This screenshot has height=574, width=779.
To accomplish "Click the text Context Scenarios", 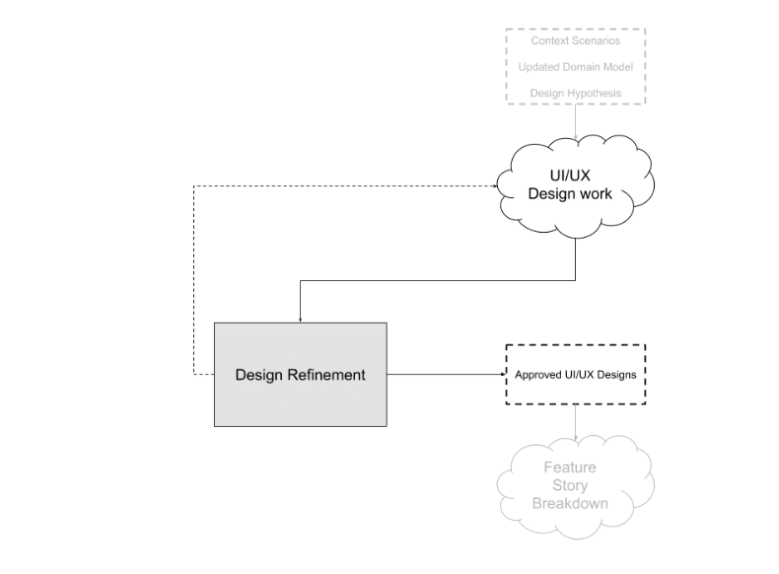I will pos(576,42).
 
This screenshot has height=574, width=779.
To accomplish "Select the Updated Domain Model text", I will pos(576,67).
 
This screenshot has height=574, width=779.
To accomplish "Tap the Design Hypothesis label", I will pos(576,93).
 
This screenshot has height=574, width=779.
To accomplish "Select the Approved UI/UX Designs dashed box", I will pos(575,375).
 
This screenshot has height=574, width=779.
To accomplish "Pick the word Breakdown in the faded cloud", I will pos(570,503).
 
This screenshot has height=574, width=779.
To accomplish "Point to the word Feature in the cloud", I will pos(570,467).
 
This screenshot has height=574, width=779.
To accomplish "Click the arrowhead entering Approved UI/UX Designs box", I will pos(501,375).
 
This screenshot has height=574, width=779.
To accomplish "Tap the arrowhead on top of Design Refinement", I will pos(300,319).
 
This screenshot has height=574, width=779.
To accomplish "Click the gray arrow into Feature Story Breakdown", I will pos(576,423).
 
